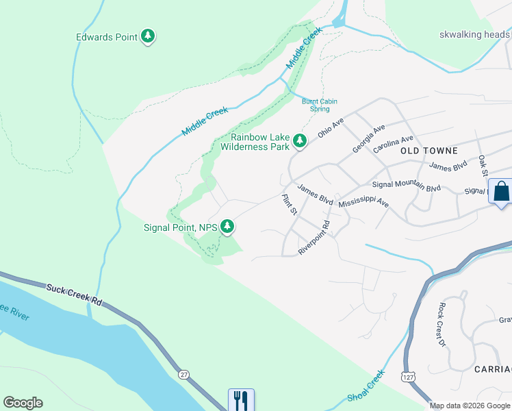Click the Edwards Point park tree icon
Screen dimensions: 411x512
[148, 36]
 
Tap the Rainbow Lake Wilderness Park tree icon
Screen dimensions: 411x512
[299, 141]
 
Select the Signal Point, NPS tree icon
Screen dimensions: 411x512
[227, 227]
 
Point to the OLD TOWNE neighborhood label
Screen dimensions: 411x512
[428, 150]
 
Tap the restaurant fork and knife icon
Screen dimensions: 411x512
[241, 400]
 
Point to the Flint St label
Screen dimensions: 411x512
[290, 204]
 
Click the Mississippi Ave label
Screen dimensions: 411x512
[363, 203]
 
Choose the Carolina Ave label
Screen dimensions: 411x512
[394, 144]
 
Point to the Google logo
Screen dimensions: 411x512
[23, 403]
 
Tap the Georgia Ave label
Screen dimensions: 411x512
[369, 139]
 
